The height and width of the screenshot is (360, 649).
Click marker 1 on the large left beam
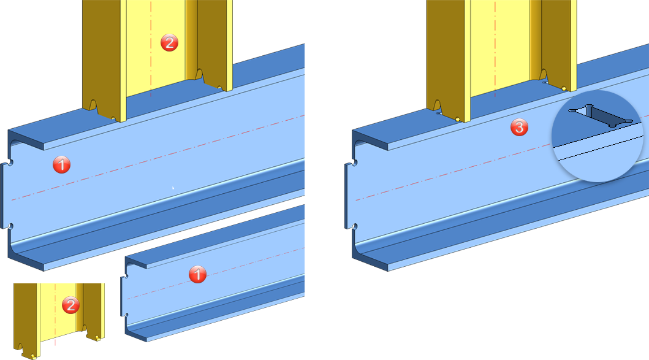pyautogui.click(x=62, y=164)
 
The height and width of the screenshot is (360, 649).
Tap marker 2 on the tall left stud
pyautogui.click(x=169, y=43)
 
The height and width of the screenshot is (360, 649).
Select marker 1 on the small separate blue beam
pyautogui.click(x=197, y=274)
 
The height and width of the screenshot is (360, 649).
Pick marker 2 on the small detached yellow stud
pyautogui.click(x=70, y=305)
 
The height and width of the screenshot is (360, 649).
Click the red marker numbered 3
pyautogui.click(x=519, y=127)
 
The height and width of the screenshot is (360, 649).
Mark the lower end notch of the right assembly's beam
pyautogui.click(x=355, y=226)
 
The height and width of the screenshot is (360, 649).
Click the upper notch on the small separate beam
pyautogui.click(x=126, y=276)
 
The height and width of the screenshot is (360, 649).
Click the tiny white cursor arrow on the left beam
pyautogui.click(x=173, y=188)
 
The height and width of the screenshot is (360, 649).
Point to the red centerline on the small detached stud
pyautogui.click(x=55, y=315)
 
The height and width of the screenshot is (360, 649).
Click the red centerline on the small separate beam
pyautogui.click(x=215, y=274)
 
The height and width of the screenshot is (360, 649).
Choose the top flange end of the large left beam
pyautogui.click(x=26, y=140)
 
